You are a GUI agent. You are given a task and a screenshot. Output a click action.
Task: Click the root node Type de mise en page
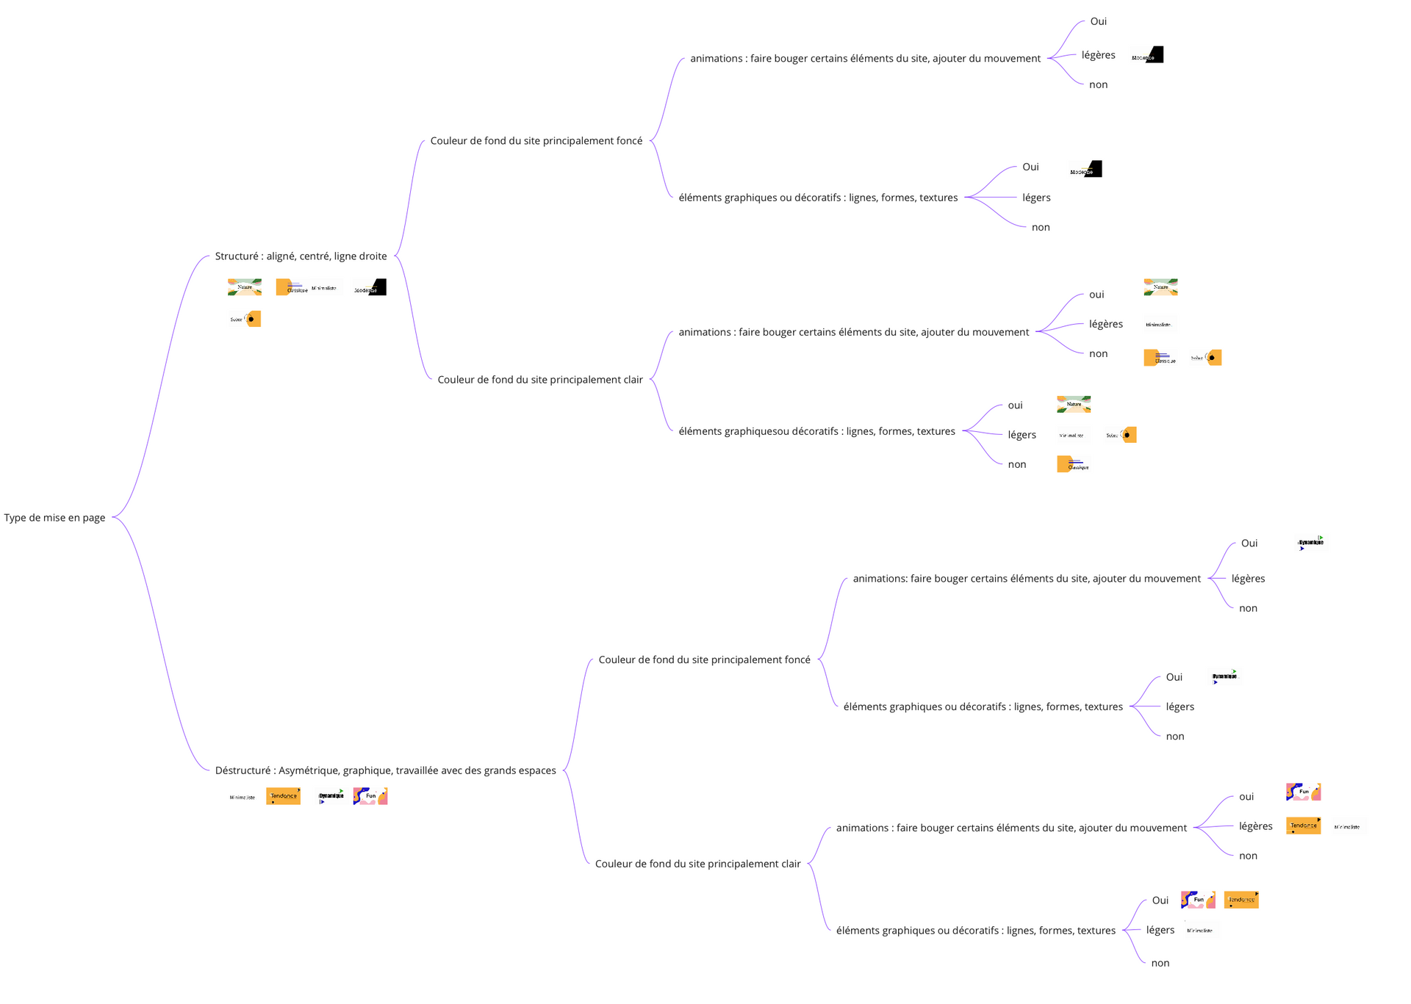point(54,518)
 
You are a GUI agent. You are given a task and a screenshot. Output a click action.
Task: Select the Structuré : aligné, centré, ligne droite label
point(301,256)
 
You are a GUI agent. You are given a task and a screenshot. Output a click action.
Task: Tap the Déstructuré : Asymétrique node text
point(385,770)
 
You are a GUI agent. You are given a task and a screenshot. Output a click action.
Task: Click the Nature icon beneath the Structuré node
point(245,287)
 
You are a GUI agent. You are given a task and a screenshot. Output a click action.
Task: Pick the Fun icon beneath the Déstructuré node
point(370,796)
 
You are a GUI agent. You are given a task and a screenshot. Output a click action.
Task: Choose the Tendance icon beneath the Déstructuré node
point(284,796)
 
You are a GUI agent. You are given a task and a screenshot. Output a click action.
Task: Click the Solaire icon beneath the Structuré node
point(246,319)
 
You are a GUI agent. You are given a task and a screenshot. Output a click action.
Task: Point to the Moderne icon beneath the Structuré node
point(370,287)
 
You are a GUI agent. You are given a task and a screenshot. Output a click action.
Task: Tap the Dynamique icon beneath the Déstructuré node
point(331,796)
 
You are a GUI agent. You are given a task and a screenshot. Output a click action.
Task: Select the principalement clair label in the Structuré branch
point(540,380)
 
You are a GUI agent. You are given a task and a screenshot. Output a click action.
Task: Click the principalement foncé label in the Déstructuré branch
point(704,660)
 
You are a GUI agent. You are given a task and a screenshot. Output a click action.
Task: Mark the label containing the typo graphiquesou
point(816,431)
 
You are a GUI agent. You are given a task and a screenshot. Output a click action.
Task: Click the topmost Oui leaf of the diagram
point(1098,21)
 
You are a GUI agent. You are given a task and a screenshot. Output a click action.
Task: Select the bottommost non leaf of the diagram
point(1160,963)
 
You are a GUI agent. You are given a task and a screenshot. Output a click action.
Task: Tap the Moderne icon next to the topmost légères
point(1147,55)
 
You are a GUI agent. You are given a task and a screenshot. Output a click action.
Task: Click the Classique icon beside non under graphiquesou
point(1074,464)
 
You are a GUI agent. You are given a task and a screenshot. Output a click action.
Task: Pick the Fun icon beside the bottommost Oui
point(1198,900)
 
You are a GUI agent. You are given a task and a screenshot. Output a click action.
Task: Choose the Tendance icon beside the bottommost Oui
point(1241,900)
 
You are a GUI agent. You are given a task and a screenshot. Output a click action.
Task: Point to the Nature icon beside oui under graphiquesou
point(1074,405)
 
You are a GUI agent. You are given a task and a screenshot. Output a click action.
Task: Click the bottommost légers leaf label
point(1160,930)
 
